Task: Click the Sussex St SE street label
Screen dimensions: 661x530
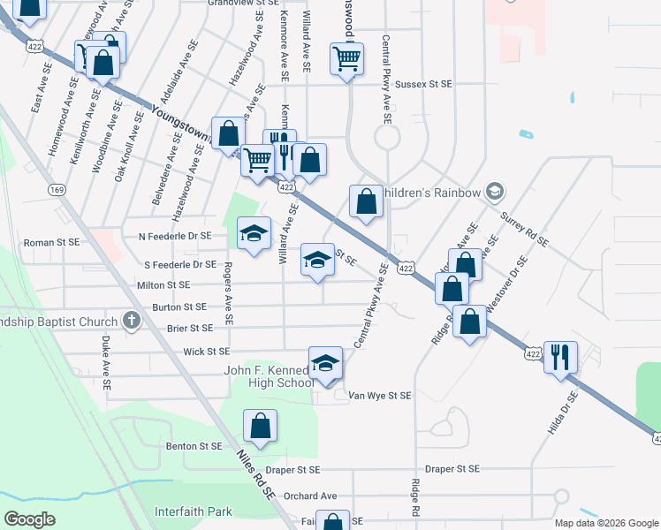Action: click(x=423, y=83)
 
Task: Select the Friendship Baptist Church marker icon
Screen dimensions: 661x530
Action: click(x=133, y=320)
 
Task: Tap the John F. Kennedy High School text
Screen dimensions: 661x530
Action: click(x=269, y=376)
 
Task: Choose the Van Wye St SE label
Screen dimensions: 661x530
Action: click(x=380, y=397)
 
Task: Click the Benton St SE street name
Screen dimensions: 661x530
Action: click(x=194, y=446)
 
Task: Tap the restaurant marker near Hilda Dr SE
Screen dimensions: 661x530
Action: click(x=560, y=357)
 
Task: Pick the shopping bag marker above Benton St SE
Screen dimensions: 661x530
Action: click(x=262, y=426)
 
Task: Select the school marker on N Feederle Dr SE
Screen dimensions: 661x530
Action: click(x=255, y=233)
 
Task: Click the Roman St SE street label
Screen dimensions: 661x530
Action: click(x=51, y=241)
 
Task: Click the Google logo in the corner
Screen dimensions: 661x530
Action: click(x=29, y=519)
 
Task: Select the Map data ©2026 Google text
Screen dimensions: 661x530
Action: click(x=605, y=523)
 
